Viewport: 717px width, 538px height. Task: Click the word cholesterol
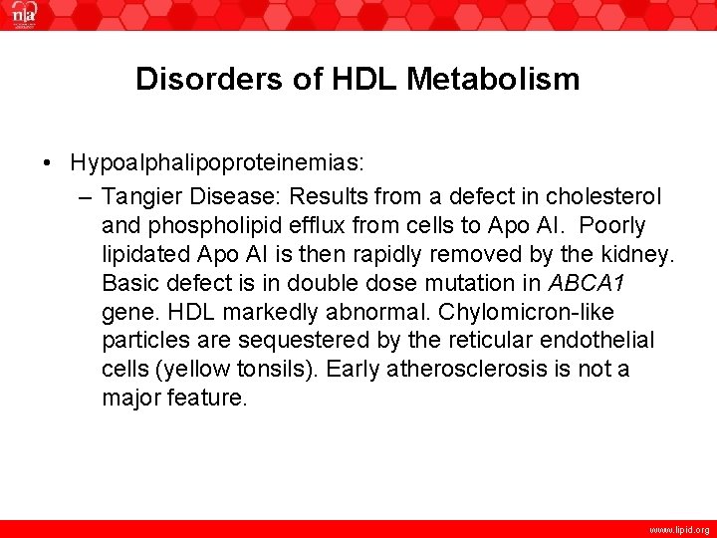(605, 196)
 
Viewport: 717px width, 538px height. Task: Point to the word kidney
(642, 254)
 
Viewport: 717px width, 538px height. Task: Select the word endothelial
(597, 341)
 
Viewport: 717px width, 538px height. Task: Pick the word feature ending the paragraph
(207, 399)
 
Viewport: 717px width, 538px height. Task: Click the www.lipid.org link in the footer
(677, 530)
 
